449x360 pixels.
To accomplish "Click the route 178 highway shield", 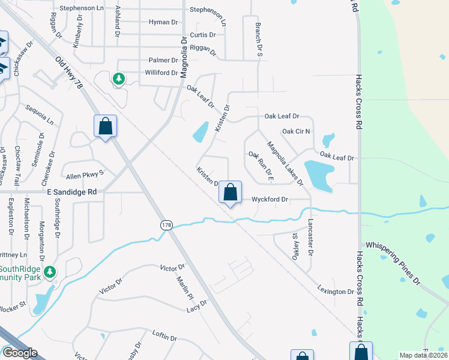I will [x=166, y=225].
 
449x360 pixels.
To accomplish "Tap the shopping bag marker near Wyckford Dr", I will [x=230, y=193].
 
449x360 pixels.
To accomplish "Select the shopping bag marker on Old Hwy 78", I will [x=105, y=127].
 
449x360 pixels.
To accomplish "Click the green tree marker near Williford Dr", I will [x=119, y=79].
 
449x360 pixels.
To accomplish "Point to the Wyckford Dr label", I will [x=270, y=199].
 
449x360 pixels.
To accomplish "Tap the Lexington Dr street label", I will [x=336, y=291].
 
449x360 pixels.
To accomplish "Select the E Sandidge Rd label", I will [x=71, y=192].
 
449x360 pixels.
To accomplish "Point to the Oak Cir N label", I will [x=295, y=131].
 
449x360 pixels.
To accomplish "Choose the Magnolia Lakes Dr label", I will [x=285, y=163].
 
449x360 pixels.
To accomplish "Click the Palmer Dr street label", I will [x=163, y=61].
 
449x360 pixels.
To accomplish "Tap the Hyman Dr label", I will [x=163, y=22].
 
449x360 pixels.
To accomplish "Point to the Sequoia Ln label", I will [x=40, y=113].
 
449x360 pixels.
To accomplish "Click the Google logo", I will [x=20, y=353].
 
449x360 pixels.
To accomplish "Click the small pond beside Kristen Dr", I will [x=201, y=132].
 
